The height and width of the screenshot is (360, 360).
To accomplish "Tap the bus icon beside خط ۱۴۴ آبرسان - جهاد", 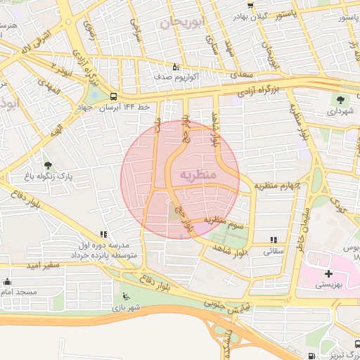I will point(114,96).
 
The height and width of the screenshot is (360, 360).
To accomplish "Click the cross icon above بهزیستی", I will point(328,273).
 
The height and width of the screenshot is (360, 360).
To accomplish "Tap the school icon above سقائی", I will point(273,240).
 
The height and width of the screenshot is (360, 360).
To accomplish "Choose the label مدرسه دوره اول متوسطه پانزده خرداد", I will point(105,252).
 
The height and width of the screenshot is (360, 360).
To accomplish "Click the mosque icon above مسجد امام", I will point(7,282).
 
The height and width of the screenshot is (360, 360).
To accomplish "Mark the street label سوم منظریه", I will point(224,223).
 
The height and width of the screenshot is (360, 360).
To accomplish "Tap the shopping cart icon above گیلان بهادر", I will point(250,6).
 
